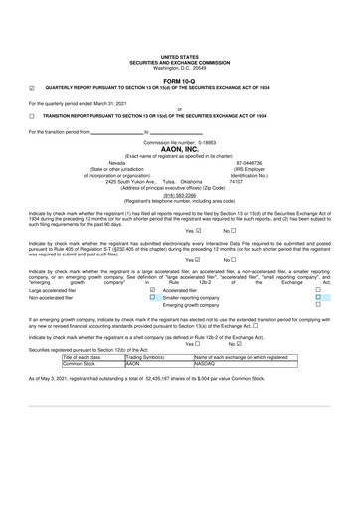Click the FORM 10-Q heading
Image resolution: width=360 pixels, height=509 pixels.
coord(179,80)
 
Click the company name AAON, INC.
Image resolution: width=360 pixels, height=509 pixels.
coord(179,149)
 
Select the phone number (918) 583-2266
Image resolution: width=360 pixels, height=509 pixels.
coord(179,195)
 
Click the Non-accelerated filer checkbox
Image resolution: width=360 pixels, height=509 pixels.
coord(152,297)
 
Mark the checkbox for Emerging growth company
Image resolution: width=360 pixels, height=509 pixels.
coord(317,304)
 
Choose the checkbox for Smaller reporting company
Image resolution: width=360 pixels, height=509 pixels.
coord(317,297)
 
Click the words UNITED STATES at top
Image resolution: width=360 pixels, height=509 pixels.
coord(179,58)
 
